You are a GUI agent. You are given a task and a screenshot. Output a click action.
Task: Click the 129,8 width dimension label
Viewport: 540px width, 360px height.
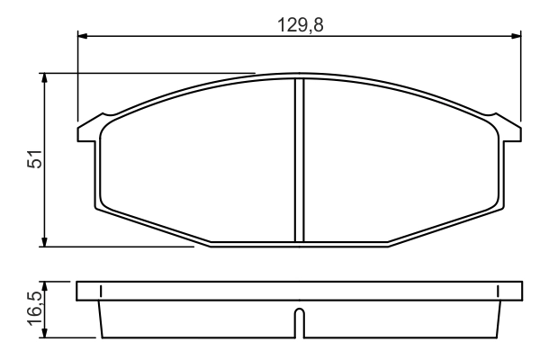point(301,25)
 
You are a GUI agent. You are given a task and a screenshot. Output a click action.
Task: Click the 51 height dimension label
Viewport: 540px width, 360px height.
point(35,158)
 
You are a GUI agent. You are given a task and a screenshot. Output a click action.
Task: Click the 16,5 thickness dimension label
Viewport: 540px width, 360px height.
point(35,308)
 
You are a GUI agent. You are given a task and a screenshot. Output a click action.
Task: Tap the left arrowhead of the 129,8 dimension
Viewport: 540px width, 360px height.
point(83,35)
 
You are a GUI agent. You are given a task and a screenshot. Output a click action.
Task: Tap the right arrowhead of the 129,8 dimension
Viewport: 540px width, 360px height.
point(516,35)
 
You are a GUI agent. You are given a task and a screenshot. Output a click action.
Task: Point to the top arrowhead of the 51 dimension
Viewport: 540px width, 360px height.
point(44,78)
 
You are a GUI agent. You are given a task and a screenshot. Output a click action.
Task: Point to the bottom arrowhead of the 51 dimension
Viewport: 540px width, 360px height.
point(44,242)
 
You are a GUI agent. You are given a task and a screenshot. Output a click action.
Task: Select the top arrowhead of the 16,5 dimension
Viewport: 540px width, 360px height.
point(44,286)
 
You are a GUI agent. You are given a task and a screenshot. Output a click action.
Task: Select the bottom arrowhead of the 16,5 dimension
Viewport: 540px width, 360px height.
point(44,333)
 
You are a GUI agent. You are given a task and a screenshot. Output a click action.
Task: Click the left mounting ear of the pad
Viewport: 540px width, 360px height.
point(89,130)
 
